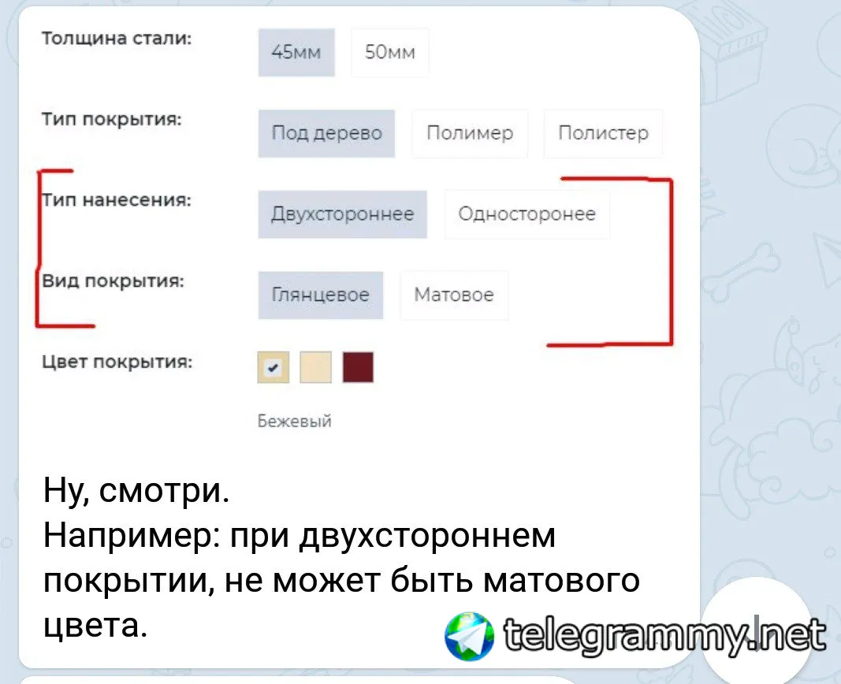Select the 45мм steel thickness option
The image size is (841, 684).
pyautogui.click(x=296, y=53)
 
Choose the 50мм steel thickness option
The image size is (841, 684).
pyautogui.click(x=390, y=53)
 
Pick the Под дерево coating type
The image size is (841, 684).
pyautogui.click(x=326, y=133)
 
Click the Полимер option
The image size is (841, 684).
pyautogui.click(x=470, y=133)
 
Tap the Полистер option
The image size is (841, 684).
pyautogui.click(x=604, y=133)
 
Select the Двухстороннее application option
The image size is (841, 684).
pyautogui.click(x=343, y=214)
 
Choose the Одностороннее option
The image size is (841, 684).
pyautogui.click(x=527, y=214)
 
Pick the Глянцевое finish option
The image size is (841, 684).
pyautogui.click(x=321, y=296)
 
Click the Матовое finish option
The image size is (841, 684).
pyautogui.click(x=454, y=296)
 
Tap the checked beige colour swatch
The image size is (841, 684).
pyautogui.click(x=274, y=367)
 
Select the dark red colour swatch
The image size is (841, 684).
pyautogui.click(x=358, y=367)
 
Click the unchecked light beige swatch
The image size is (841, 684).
pyautogui.click(x=316, y=367)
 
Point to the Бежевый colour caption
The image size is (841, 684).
pyautogui.click(x=295, y=422)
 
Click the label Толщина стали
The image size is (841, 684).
pyautogui.click(x=117, y=39)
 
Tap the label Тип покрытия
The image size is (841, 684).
pyautogui.click(x=112, y=120)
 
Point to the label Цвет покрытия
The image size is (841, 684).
pyautogui.click(x=117, y=362)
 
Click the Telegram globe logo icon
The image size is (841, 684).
pyautogui.click(x=469, y=636)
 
